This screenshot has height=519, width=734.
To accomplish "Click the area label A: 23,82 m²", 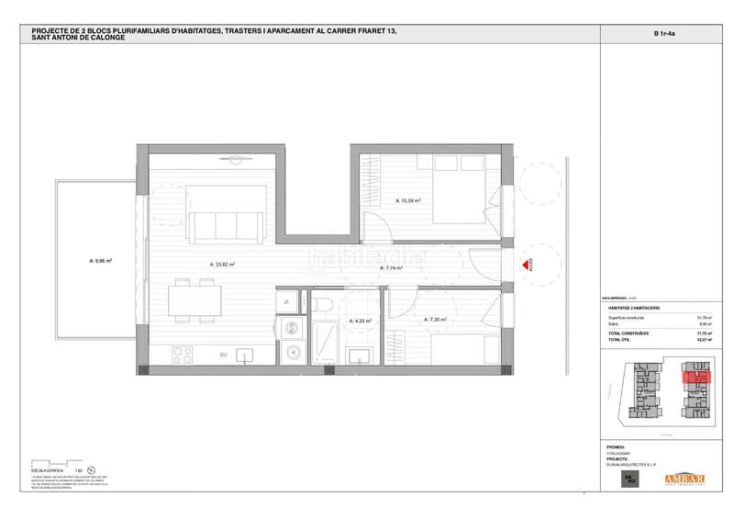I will (x=223, y=265).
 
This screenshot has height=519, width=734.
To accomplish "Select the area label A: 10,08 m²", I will (x=408, y=199).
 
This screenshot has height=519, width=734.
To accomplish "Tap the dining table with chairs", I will (x=195, y=302).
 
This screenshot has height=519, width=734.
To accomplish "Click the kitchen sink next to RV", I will (x=246, y=355).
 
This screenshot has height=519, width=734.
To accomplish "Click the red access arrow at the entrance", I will (x=529, y=265).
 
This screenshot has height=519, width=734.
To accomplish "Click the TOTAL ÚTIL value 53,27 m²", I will (x=706, y=337).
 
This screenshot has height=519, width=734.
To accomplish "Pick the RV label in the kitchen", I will (x=222, y=355).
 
